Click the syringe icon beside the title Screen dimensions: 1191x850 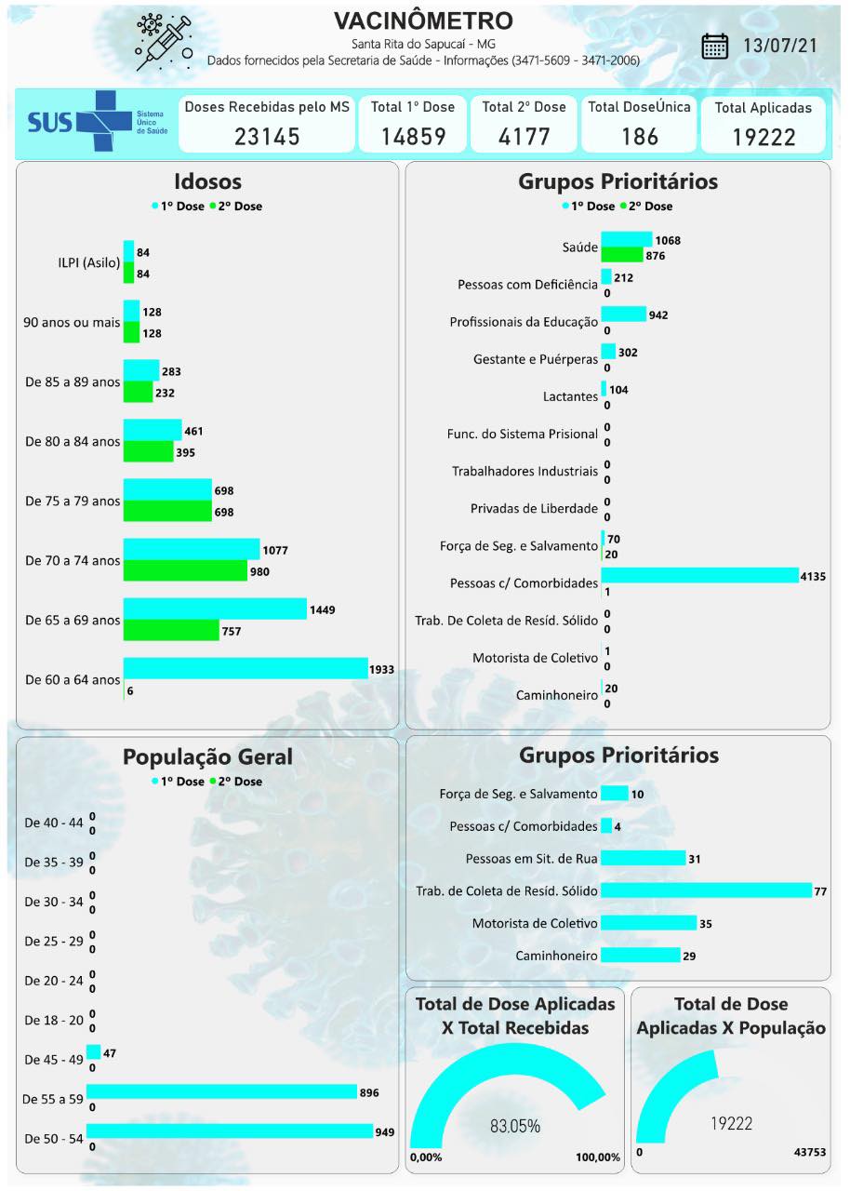pyautogui.click(x=164, y=42)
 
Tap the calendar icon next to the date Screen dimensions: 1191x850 pyautogui.click(x=715, y=47)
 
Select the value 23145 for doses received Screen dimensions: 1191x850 pyautogui.click(x=267, y=137)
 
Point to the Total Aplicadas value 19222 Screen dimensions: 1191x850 pyautogui.click(x=763, y=138)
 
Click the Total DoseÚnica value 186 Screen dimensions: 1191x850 pyautogui.click(x=639, y=137)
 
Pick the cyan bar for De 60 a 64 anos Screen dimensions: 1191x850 pyautogui.click(x=246, y=668)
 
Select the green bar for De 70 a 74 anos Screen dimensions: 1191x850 pyautogui.click(x=185, y=571)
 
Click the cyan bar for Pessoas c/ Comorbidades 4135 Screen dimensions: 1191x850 pyautogui.click(x=699, y=576)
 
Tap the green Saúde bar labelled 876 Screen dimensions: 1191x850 pyautogui.click(x=621, y=255)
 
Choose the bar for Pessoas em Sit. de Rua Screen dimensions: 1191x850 pyautogui.click(x=643, y=858)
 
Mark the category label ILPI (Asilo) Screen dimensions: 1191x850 pyautogui.click(x=89, y=262)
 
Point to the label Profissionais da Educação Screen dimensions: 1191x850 pyautogui.click(x=524, y=322)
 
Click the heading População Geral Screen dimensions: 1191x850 pyautogui.click(x=207, y=757)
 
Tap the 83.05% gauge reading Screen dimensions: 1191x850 pyautogui.click(x=515, y=1126)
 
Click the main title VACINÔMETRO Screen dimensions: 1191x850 pyautogui.click(x=423, y=20)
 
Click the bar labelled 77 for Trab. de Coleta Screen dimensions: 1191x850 pyautogui.click(x=706, y=890)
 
